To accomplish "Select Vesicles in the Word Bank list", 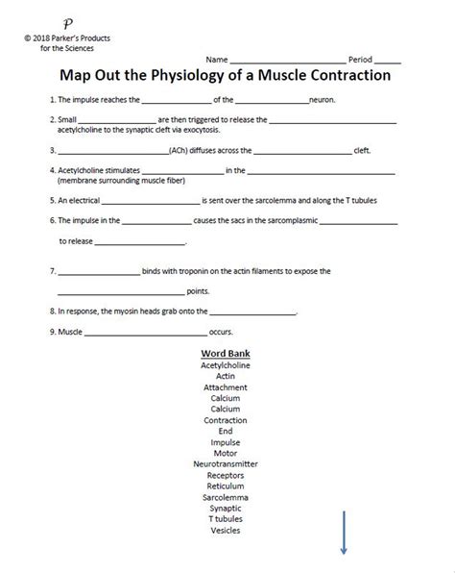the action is (x=226, y=530).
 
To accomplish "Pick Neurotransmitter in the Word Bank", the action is (x=226, y=463).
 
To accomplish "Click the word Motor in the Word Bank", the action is (x=226, y=453).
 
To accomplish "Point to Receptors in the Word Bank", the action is (x=226, y=475).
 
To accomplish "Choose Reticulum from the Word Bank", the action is (x=226, y=486).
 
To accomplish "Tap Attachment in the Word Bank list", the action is (x=226, y=386).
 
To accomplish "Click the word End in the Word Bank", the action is (x=226, y=431).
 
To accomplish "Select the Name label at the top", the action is (x=217, y=60).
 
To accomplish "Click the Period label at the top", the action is (x=360, y=60).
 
